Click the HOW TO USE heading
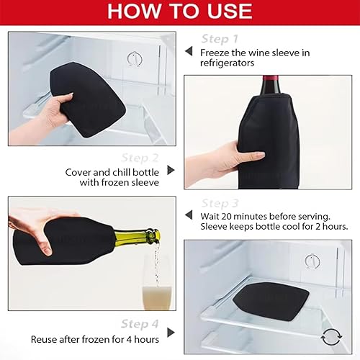pyautogui.click(x=180, y=11)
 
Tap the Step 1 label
pyautogui.click(x=220, y=39)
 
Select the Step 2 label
pyautogui.click(x=140, y=158)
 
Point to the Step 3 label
pyautogui.click(x=220, y=204)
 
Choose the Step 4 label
pyautogui.click(x=140, y=324)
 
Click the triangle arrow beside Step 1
pyautogui.click(x=189, y=51)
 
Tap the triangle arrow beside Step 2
pyautogui.click(x=171, y=170)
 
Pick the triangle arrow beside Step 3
pyautogui.click(x=189, y=215)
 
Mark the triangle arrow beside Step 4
pyautogui.click(x=171, y=333)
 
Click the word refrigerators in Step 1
pyautogui.click(x=227, y=63)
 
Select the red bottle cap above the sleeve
pyautogui.click(x=271, y=79)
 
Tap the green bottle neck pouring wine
pyautogui.click(x=137, y=235)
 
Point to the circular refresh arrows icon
pyautogui.click(x=331, y=337)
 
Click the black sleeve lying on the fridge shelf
pyautogui.click(x=271, y=301)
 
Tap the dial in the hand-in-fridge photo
pyautogui.click(x=135, y=59)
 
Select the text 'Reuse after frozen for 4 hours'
pyautogui.click(x=95, y=339)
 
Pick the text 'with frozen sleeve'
pyautogui.click(x=120, y=182)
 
